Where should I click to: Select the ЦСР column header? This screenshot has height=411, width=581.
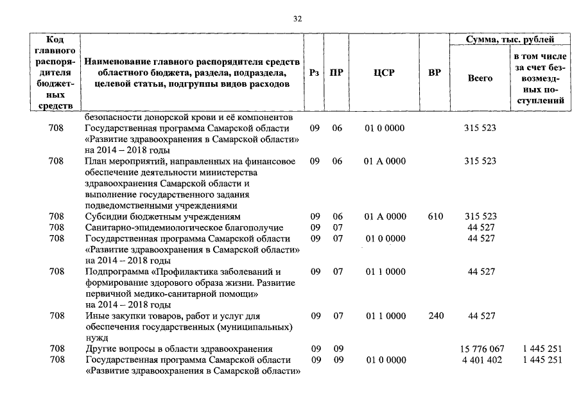(384, 73)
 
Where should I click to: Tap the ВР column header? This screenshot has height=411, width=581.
(435, 73)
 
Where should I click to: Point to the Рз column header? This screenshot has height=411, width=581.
(314, 73)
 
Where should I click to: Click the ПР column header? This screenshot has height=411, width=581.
(336, 73)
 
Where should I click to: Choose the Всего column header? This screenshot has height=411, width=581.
(480, 78)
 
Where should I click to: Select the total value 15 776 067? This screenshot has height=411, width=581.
(482, 349)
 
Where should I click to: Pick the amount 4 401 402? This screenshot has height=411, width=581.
(482, 360)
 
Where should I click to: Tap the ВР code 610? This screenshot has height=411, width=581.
(435, 216)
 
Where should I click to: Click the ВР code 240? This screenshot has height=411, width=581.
(435, 316)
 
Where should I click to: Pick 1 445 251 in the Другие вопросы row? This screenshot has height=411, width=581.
(542, 349)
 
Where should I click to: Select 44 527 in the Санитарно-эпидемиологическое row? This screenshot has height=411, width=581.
(481, 227)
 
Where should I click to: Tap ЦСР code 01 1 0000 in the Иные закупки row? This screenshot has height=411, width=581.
(385, 316)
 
